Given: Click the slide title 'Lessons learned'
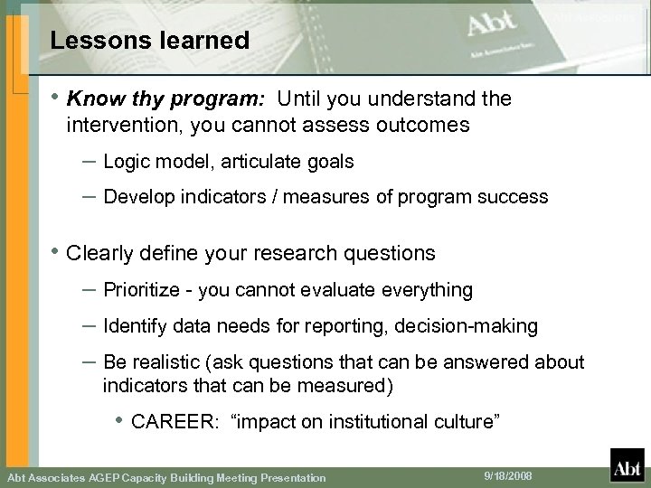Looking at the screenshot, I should tap(150, 41).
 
